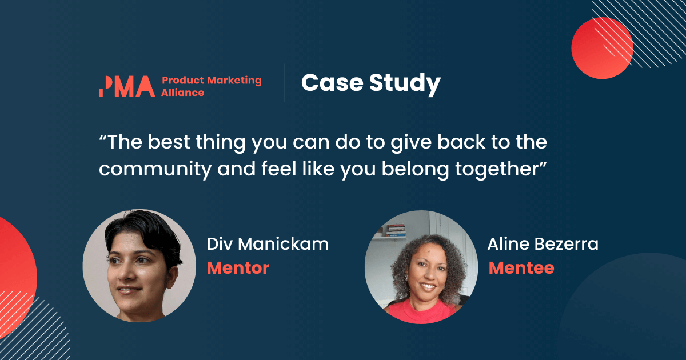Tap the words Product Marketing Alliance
pyautogui.click(x=211, y=86)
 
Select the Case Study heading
pyautogui.click(x=370, y=83)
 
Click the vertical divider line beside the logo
pyautogui.click(x=284, y=83)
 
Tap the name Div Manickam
pyautogui.click(x=268, y=244)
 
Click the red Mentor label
pyautogui.click(x=238, y=267)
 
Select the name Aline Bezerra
pyautogui.click(x=543, y=244)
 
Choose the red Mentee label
pyautogui.click(x=521, y=267)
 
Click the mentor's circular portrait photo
pyautogui.click(x=139, y=266)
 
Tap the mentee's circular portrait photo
pyautogui.click(x=421, y=267)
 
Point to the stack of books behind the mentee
pyautogui.click(x=396, y=230)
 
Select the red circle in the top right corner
pyautogui.click(x=601, y=48)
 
